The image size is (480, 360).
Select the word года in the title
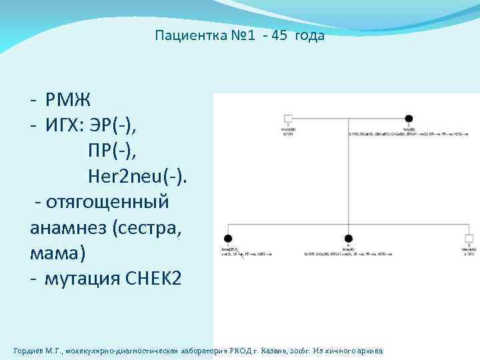[x=311, y=36]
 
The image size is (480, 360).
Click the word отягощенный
[x=107, y=201]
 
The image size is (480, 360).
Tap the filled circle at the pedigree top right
[x=409, y=118]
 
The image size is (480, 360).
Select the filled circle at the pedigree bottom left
[x=228, y=238]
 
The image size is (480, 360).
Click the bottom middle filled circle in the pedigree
[x=348, y=238]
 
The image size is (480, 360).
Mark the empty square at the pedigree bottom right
[x=469, y=238]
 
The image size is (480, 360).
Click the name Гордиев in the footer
[x=31, y=351]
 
